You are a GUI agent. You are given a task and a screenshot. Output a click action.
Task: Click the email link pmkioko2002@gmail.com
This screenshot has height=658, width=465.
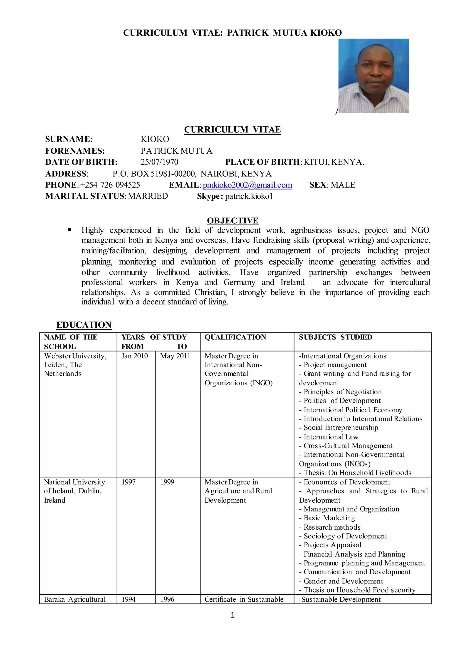coord(247,185)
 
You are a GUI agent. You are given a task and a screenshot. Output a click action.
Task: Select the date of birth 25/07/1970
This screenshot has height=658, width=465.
coord(159,162)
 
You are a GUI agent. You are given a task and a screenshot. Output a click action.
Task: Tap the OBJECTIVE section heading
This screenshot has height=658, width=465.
coord(232,220)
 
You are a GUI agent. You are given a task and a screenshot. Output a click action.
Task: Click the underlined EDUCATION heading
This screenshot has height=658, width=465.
coord(84,325)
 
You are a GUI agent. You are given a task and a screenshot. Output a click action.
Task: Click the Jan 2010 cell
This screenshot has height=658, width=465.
coord(135,356)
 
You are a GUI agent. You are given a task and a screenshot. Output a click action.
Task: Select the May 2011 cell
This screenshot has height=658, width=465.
coord(175,356)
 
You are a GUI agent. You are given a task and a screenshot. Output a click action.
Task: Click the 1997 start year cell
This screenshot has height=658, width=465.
coord(129,482)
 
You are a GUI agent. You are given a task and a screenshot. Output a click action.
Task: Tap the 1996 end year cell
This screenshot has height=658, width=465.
coord(167,599)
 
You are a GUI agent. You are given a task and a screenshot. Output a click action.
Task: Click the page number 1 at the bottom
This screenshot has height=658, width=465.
coord(232,615)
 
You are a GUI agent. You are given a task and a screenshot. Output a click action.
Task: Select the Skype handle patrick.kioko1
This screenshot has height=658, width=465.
coord(249,196)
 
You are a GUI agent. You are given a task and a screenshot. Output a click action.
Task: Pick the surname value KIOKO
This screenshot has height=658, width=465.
coord(155,139)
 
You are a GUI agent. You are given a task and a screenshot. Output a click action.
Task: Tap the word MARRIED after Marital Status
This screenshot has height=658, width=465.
coord(148,196)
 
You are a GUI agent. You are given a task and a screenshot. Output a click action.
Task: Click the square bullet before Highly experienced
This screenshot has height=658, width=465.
coord(69,230)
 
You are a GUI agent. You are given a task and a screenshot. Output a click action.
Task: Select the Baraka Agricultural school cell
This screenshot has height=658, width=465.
coord(75,599)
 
